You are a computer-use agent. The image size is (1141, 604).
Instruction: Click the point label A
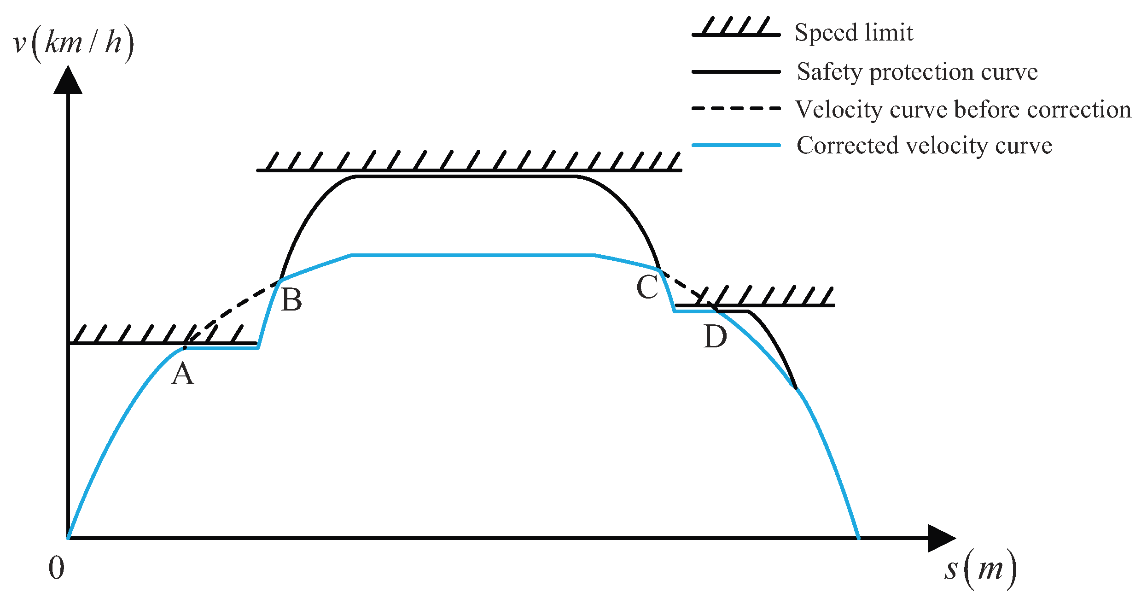click(183, 374)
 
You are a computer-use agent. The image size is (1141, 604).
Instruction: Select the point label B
click(291, 300)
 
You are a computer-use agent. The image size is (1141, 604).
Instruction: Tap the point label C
click(647, 287)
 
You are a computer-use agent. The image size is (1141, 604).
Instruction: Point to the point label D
click(715, 337)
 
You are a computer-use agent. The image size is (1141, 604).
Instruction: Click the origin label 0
click(57, 568)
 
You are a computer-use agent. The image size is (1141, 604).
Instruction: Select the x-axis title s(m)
click(980, 569)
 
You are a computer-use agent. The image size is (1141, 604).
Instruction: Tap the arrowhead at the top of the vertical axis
click(68, 80)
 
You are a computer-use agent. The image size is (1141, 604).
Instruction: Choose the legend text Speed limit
click(854, 33)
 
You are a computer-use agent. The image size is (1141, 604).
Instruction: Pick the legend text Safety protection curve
click(917, 72)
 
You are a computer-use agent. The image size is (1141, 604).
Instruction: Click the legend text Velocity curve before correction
click(963, 110)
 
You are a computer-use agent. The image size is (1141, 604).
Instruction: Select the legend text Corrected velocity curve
click(924, 146)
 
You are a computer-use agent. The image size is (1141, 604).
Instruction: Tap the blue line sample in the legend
click(736, 145)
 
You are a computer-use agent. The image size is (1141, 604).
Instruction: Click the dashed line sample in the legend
click(736, 109)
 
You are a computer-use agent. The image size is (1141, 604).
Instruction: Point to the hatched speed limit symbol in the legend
click(736, 28)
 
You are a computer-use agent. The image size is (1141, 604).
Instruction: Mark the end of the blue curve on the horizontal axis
click(858, 537)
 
